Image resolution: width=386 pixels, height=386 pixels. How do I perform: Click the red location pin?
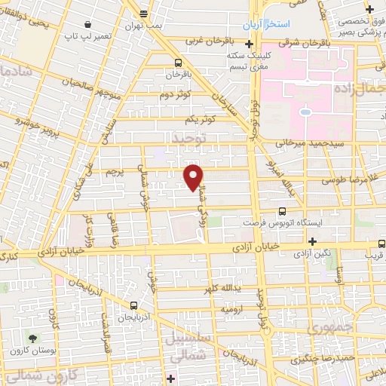pos(194,178)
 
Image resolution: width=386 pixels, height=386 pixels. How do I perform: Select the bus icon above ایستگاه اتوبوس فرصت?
pos(283,212)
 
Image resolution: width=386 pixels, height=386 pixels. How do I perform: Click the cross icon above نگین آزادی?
pos(312,241)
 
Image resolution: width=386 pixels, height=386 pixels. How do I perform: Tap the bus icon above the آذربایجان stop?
pos(133,305)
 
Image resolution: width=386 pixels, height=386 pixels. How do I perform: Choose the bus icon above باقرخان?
pos(178,63)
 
